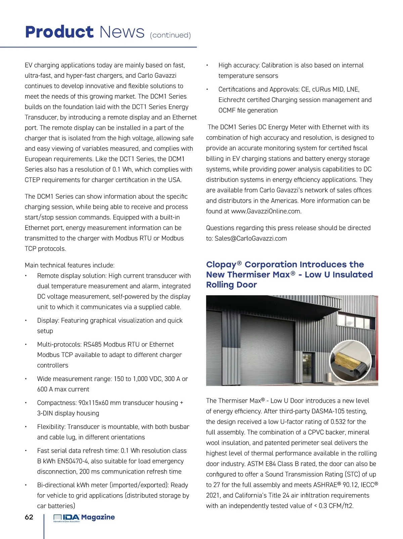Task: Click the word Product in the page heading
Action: pos(59,32)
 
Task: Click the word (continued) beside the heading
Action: pos(170,35)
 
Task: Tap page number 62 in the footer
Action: pos(29,517)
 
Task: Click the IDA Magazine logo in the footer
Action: pos(84,518)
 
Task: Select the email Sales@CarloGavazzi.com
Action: pos(251,238)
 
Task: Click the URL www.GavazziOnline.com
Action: pos(266,211)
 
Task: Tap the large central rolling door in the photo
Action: pos(268,349)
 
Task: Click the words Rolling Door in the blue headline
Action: pos(231,285)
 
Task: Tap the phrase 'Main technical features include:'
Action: pos(70,265)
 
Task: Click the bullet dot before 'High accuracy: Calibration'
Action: pos(207,65)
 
